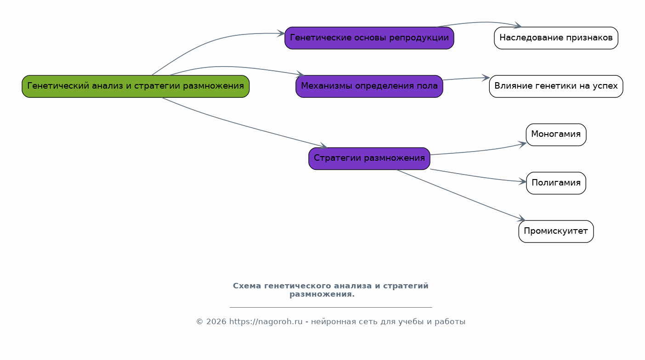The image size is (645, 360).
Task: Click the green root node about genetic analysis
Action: click(x=136, y=86)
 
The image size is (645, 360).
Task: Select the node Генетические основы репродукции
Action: click(x=369, y=38)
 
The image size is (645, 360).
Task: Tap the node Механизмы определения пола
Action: click(x=369, y=86)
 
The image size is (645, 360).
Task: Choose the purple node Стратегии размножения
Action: click(x=369, y=158)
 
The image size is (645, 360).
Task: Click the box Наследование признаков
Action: click(x=556, y=38)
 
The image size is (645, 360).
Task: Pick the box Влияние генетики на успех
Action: click(x=556, y=86)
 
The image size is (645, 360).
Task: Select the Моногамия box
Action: click(x=556, y=135)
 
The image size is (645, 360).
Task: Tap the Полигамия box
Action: click(x=556, y=183)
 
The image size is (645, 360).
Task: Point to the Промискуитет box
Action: click(x=556, y=231)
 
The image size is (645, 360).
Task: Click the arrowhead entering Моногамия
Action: click(x=523, y=144)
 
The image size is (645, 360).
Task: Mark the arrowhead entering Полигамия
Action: click(x=523, y=181)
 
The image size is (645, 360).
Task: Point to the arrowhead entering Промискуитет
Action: click(x=521, y=219)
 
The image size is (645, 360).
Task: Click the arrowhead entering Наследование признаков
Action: click(x=517, y=25)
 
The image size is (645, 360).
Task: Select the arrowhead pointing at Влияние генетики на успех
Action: click(x=486, y=78)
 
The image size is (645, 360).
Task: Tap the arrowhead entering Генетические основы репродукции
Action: click(x=281, y=34)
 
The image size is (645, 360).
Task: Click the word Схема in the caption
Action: click(x=247, y=286)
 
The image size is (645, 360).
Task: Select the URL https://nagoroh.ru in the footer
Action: click(x=266, y=322)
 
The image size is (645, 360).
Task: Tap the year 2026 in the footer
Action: click(x=216, y=322)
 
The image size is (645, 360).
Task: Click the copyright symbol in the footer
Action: click(x=199, y=322)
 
